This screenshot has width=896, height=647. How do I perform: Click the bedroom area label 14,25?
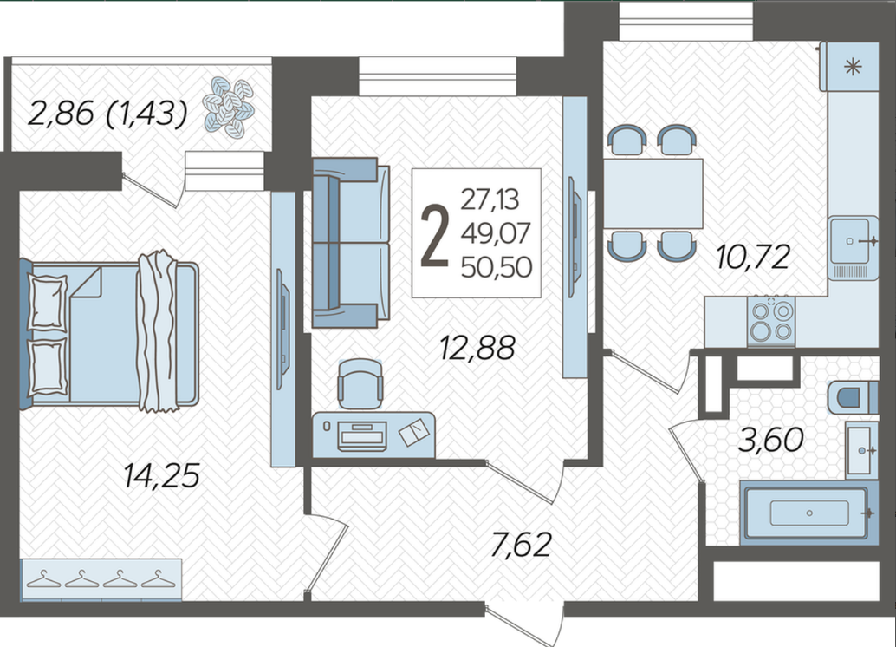click(x=162, y=476)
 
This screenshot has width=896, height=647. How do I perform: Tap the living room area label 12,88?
click(x=477, y=348)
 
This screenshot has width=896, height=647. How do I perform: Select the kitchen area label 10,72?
click(x=753, y=257)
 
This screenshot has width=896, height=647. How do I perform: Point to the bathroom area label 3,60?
click(x=771, y=440)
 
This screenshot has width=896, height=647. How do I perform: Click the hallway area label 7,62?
click(x=521, y=544)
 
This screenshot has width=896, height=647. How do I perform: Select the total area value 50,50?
click(x=497, y=267)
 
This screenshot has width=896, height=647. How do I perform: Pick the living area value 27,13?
click(x=490, y=199)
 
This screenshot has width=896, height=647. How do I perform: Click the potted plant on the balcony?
click(x=229, y=108)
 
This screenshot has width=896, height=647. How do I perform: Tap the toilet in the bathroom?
click(x=853, y=396)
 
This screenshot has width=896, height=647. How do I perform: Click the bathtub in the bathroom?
click(x=808, y=513)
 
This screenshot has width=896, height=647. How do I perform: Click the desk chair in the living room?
click(x=360, y=384)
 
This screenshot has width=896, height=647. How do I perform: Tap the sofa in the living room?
click(x=350, y=243)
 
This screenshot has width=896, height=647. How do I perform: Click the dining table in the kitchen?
click(x=653, y=193)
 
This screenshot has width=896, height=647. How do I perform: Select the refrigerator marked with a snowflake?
click(x=850, y=67)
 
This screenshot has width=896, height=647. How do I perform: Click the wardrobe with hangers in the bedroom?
click(x=101, y=579)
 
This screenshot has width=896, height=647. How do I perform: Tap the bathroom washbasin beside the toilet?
click(x=861, y=450)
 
